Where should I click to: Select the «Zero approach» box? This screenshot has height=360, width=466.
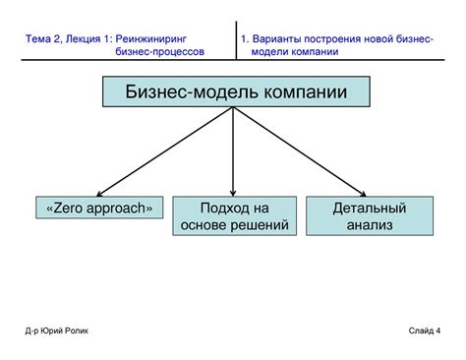point(99,209)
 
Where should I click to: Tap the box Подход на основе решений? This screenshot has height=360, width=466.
point(233,216)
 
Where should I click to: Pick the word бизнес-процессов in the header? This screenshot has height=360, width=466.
point(160,51)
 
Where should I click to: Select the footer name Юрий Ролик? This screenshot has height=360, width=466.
point(63,330)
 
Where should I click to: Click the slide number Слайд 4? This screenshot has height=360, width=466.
point(425,330)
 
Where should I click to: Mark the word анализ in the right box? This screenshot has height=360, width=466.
point(369,225)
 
